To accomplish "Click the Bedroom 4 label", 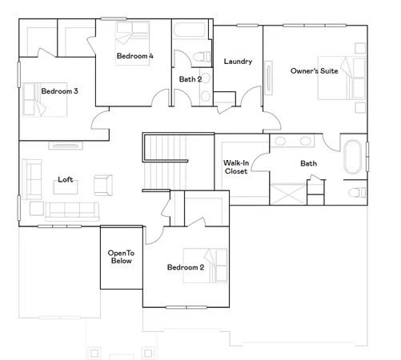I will click(134, 56).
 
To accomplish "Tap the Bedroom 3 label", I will click(59, 91).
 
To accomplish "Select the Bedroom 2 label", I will click(185, 267).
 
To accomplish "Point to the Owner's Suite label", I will click(313, 71).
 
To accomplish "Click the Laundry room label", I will click(238, 62).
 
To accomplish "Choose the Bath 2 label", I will click(190, 79).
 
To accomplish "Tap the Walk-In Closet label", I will click(235, 166).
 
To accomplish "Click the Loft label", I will click(65, 180).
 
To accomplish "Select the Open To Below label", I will click(120, 257).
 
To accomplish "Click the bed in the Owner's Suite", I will click(336, 78).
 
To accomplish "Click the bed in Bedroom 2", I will click(214, 265).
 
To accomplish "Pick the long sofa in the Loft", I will click(71, 210).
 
